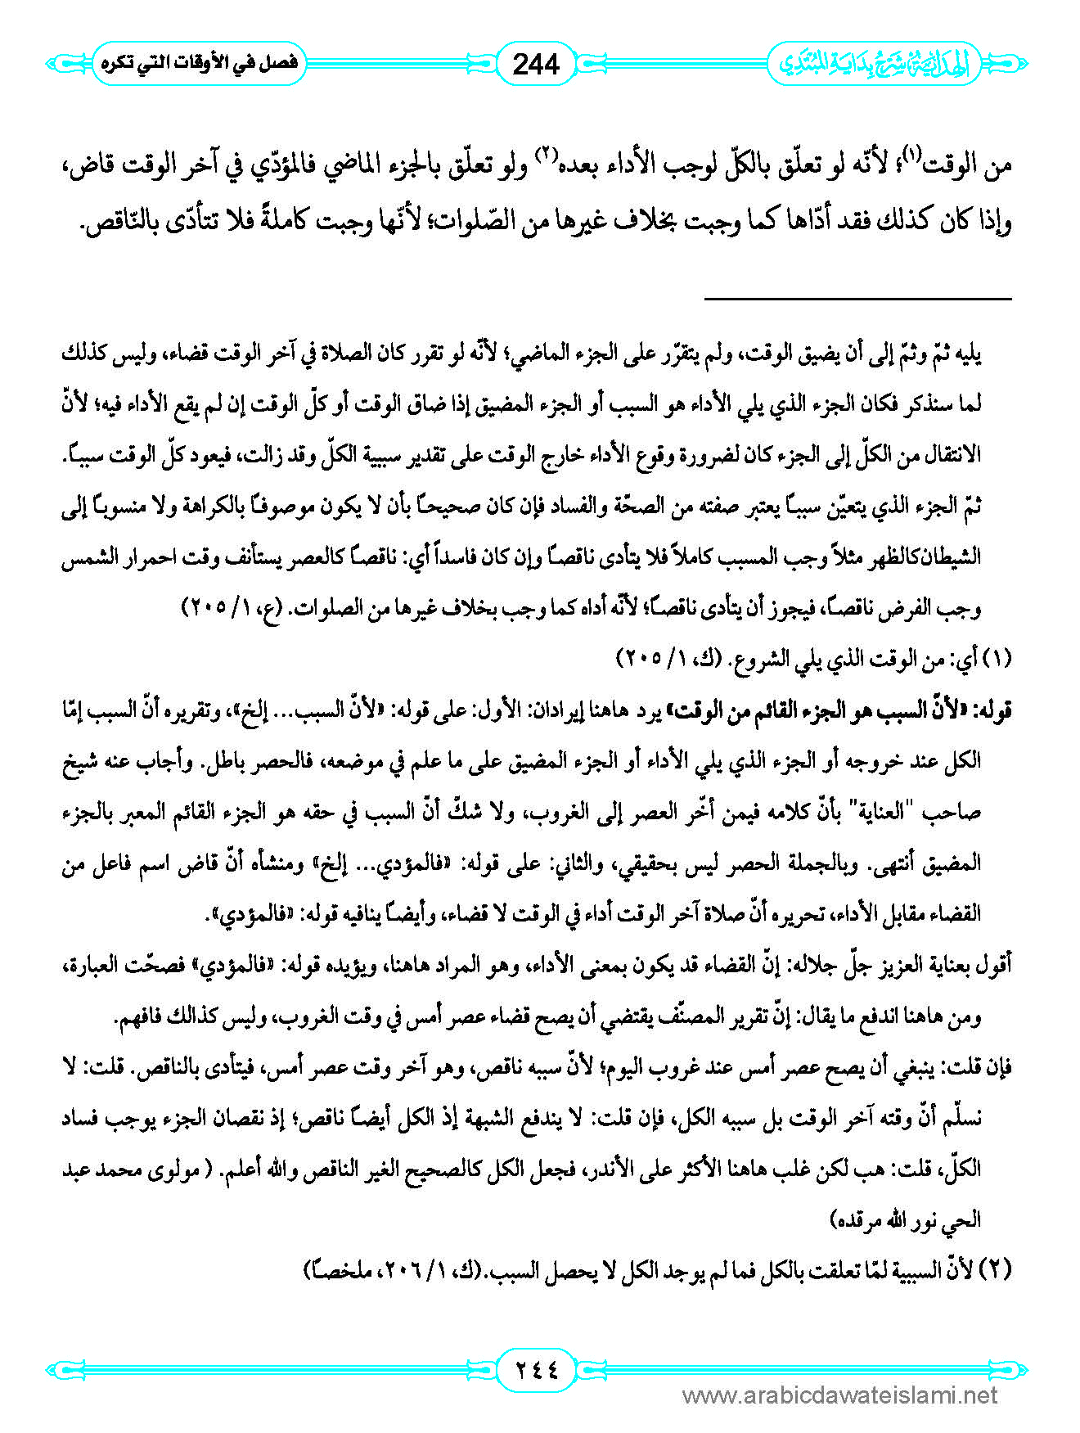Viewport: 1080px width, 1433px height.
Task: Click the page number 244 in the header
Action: coord(536,64)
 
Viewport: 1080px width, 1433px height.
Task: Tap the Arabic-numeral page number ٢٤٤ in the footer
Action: coord(536,1368)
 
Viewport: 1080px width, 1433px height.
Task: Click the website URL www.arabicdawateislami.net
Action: coord(839,1395)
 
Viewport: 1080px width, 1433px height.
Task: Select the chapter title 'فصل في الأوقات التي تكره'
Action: coord(200,63)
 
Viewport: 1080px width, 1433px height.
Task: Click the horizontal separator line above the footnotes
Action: coord(857,300)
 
